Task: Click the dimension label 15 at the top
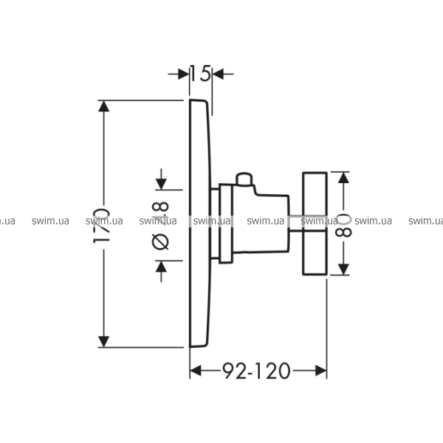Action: tap(200, 73)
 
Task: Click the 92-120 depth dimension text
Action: tap(257, 370)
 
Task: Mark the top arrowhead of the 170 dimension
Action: tap(104, 106)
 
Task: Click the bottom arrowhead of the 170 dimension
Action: tap(104, 340)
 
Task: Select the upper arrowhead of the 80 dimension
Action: tap(340, 178)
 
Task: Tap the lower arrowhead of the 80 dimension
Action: tap(340, 269)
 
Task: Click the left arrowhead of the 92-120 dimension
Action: tap(196, 370)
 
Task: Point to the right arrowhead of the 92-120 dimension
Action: tap(321, 370)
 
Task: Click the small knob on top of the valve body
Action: tap(244, 179)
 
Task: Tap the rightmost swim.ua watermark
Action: tap(425, 220)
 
